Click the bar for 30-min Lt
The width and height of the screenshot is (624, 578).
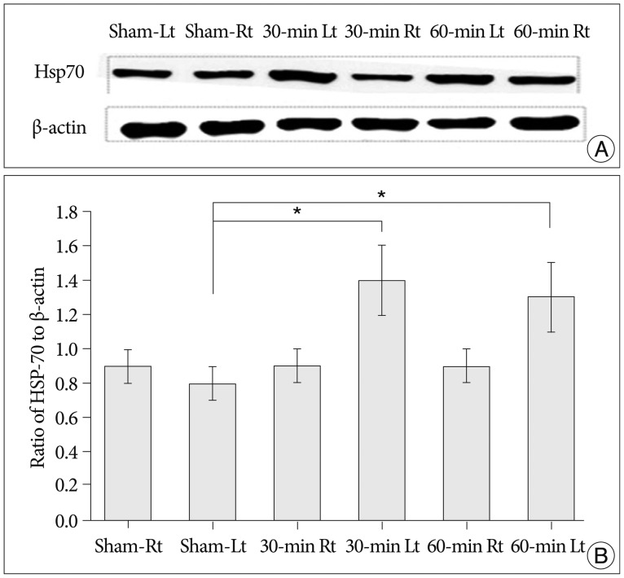(382, 400)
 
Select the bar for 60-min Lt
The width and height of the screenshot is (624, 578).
(551, 408)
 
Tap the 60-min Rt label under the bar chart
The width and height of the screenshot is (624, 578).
(466, 545)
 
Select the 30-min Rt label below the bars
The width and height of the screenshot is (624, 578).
(297, 545)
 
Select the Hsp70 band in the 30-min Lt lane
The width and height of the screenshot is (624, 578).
(290, 76)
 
